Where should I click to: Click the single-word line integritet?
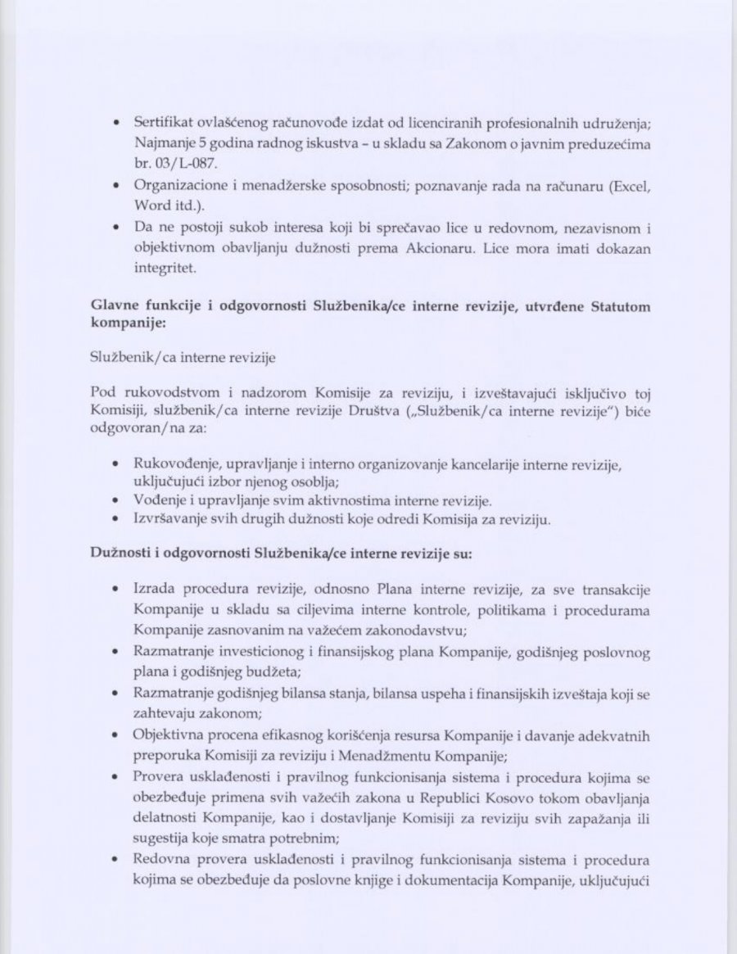tap(161, 268)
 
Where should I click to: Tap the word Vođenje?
tap(159, 500)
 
